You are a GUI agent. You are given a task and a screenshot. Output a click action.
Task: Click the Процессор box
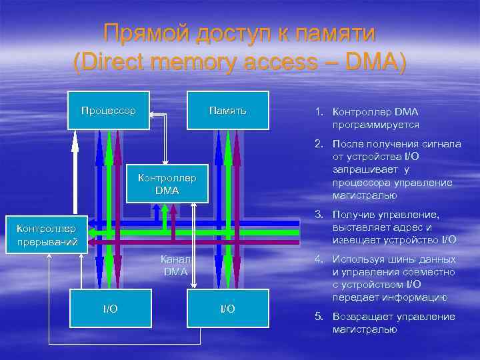pos(108,110)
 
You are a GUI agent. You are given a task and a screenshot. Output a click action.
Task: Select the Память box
pos(227,110)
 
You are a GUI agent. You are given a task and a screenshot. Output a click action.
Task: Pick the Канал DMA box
pos(175,265)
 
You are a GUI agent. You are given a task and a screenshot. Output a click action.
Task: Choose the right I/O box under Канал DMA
pos(227,309)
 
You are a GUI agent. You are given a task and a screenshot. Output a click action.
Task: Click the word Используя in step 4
pos(358,259)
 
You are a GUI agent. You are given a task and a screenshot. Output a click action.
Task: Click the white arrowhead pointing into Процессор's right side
pos(151,115)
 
